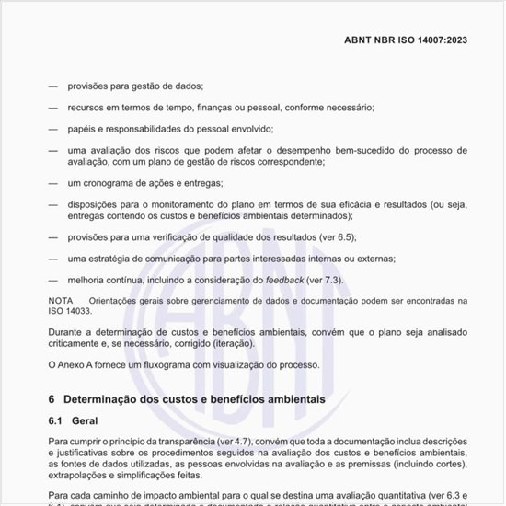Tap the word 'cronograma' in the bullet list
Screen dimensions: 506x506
click(x=114, y=182)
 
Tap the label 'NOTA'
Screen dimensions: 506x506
click(x=61, y=300)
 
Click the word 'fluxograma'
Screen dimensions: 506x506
click(x=165, y=363)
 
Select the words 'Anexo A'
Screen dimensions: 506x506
click(x=76, y=363)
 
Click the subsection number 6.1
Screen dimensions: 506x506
click(x=55, y=420)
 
